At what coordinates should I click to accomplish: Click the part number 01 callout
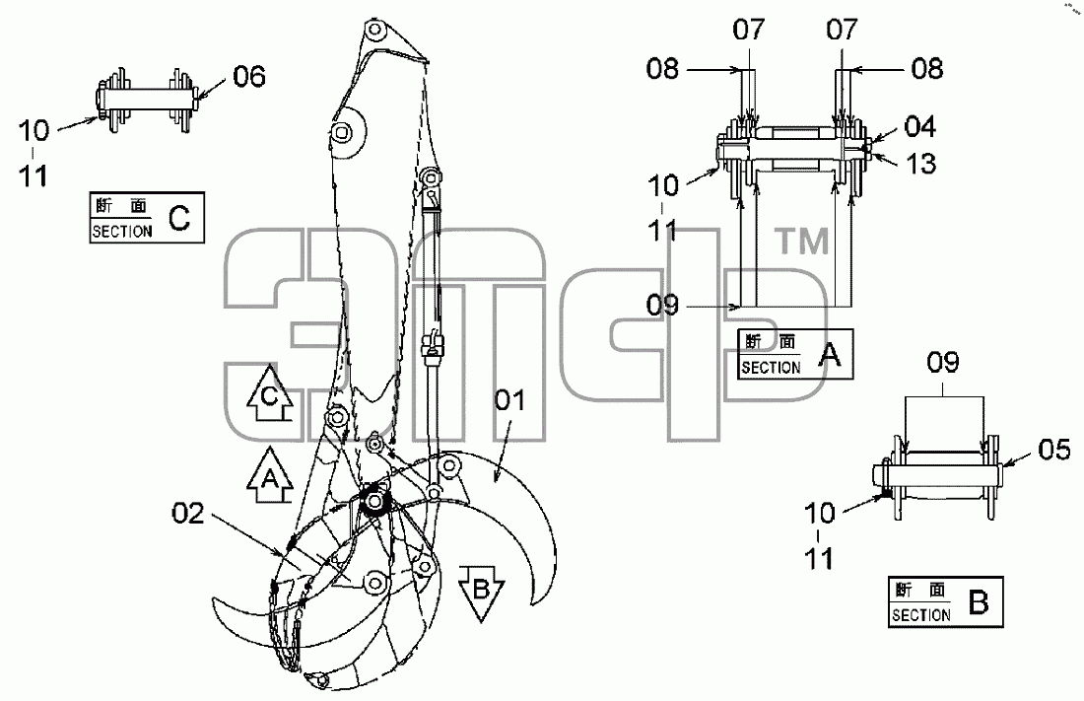click(x=510, y=400)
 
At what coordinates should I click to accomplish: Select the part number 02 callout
click(x=188, y=514)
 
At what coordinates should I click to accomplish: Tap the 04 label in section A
click(x=920, y=126)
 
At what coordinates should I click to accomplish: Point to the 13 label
click(x=920, y=164)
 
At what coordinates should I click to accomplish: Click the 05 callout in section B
click(x=1054, y=450)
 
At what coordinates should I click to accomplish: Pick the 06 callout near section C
click(x=249, y=76)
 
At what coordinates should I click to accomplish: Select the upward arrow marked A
click(x=270, y=474)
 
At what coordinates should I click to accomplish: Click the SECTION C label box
click(x=147, y=217)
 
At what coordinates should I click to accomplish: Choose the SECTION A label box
click(x=795, y=354)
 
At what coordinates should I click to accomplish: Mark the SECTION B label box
click(x=945, y=602)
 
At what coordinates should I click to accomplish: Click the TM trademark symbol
click(x=801, y=242)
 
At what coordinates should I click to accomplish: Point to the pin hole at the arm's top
click(x=374, y=32)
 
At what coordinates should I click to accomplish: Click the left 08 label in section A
click(x=663, y=68)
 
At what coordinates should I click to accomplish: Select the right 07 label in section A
click(x=842, y=30)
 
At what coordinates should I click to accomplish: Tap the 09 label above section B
click(x=943, y=363)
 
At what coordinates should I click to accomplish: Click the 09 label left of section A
click(x=663, y=306)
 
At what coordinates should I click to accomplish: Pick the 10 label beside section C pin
click(x=34, y=130)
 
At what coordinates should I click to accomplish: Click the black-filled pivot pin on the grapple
click(x=375, y=501)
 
